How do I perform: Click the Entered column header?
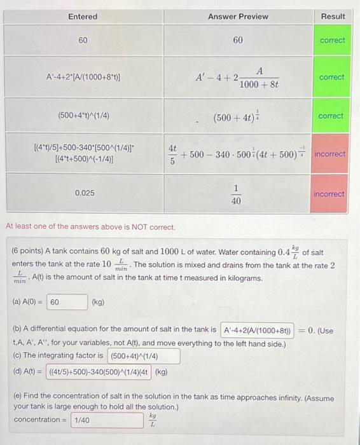tap(83, 16)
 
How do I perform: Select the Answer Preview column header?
tap(238, 16)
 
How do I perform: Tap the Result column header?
tap(333, 16)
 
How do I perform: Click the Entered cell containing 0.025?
tap(84, 192)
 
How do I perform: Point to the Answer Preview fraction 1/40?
tap(237, 194)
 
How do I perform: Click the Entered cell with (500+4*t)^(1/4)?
tap(84, 116)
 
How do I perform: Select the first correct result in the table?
tap(332, 41)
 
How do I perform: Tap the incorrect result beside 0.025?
tap(329, 194)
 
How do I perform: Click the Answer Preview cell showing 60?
tap(237, 41)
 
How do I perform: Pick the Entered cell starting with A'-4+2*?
tap(84, 78)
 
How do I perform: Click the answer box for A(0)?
tap(67, 302)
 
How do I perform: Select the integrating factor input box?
tap(144, 355)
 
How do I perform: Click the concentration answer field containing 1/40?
tap(107, 420)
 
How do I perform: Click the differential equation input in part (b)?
tap(257, 330)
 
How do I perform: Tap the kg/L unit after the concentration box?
tap(152, 421)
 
